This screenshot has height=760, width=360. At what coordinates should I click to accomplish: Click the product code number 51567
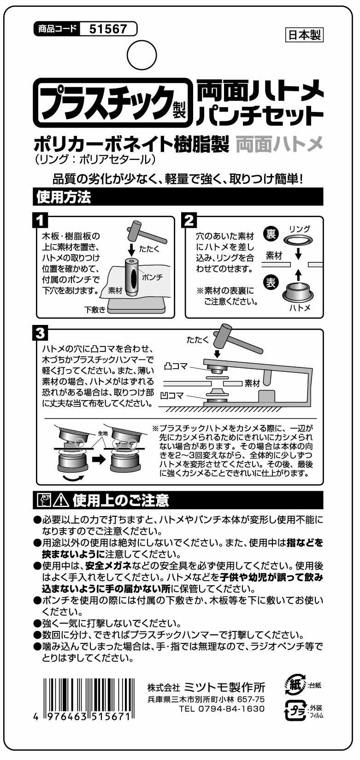(x=108, y=29)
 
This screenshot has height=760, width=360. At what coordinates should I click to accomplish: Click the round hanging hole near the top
(x=142, y=55)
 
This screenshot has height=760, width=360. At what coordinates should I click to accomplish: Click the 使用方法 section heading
(x=64, y=197)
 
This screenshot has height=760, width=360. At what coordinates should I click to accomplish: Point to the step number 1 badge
(x=41, y=221)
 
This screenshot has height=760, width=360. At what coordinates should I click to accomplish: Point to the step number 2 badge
(x=189, y=221)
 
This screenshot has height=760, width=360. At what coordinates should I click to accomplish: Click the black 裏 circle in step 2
(x=271, y=234)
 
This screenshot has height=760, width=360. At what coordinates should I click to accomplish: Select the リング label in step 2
(x=299, y=229)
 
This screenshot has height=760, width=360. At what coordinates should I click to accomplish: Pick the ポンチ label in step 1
(x=152, y=277)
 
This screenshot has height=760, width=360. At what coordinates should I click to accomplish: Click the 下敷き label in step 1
(x=95, y=310)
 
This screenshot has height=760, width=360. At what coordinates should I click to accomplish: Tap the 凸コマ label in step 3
(x=176, y=366)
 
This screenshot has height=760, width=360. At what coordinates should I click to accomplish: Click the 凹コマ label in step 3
(x=172, y=395)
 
